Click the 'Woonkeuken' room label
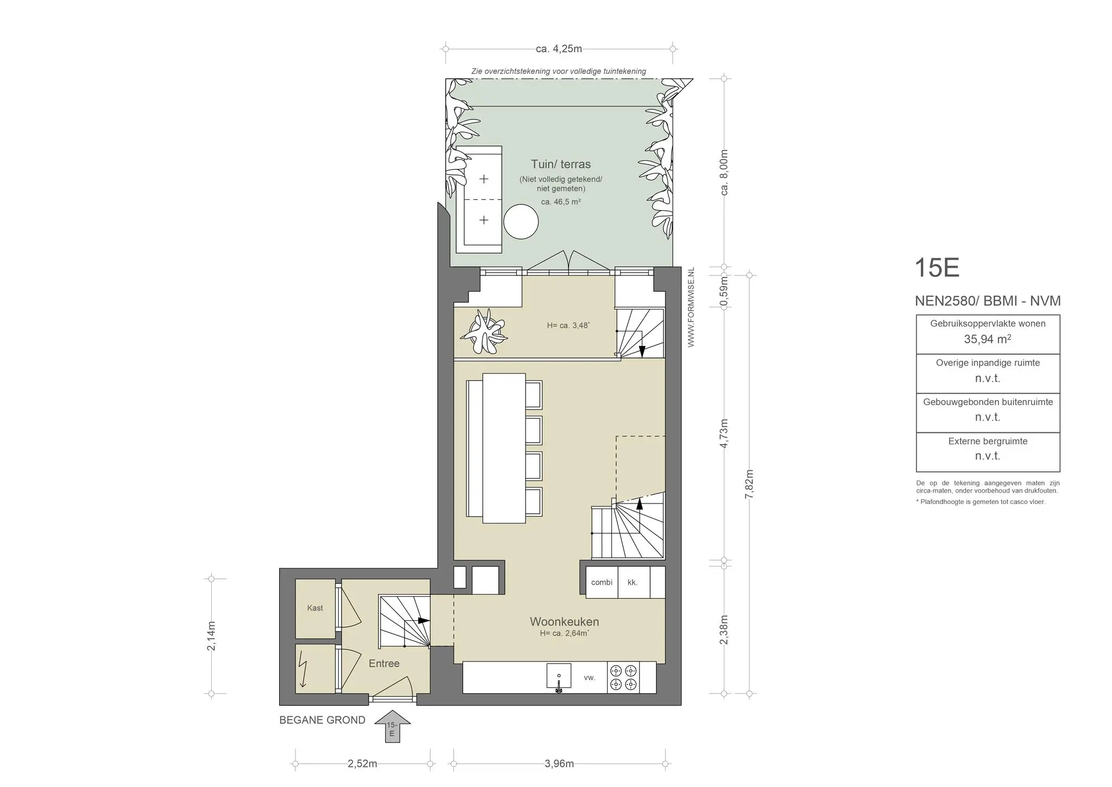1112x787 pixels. [x=564, y=621]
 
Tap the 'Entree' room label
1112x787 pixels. [x=384, y=663]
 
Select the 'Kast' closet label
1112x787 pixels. [x=315, y=608]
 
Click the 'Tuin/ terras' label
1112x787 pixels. [x=561, y=164]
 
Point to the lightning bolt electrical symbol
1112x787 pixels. [x=302, y=669]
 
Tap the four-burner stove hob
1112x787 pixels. [x=623, y=677]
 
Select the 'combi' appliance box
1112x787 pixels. [x=602, y=582]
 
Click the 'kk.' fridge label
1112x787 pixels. [x=632, y=582]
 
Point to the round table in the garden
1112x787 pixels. [x=521, y=221]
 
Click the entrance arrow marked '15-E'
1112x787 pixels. [x=391, y=726]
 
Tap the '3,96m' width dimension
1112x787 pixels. [x=559, y=764]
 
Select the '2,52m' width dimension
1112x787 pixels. [x=362, y=764]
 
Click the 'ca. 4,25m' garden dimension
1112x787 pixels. [x=559, y=49]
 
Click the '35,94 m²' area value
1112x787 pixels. [x=988, y=339]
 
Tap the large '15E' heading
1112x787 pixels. [x=937, y=268]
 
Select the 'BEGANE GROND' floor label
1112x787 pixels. [x=323, y=720]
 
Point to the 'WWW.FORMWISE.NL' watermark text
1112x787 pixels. [x=691, y=307]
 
